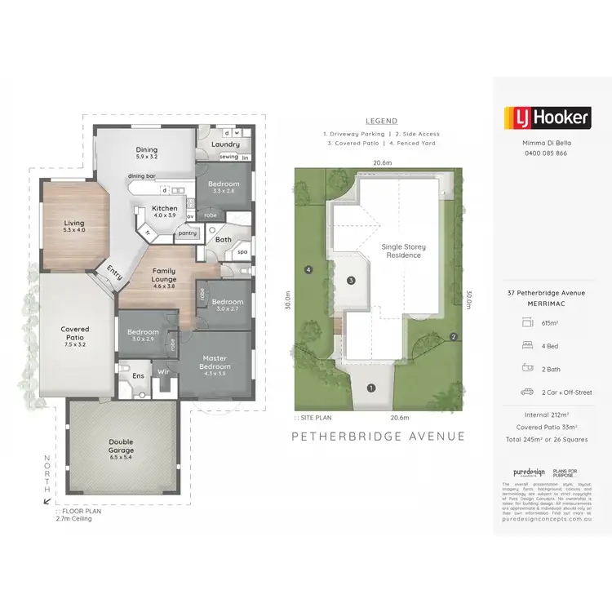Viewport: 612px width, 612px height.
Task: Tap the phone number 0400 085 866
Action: [x=543, y=153]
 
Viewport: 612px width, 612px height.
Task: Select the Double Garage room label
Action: [x=121, y=446]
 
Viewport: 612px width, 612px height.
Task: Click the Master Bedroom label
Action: [x=215, y=362]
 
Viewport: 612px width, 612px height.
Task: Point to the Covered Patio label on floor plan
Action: [x=75, y=334]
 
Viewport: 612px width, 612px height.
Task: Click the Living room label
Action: [x=74, y=226]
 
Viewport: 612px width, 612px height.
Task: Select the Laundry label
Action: [x=225, y=144]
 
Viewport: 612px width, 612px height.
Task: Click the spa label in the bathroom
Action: [x=242, y=252]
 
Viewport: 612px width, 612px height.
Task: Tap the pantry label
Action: [x=188, y=233]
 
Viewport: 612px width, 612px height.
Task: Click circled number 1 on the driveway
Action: [x=371, y=388]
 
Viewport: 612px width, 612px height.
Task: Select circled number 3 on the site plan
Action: [x=351, y=281]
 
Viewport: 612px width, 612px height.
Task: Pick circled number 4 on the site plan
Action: [x=308, y=269]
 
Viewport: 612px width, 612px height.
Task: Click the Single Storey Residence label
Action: [x=404, y=251]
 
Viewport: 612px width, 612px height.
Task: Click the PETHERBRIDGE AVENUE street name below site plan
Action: [x=379, y=437]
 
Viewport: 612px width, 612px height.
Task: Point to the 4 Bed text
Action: [x=551, y=345]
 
